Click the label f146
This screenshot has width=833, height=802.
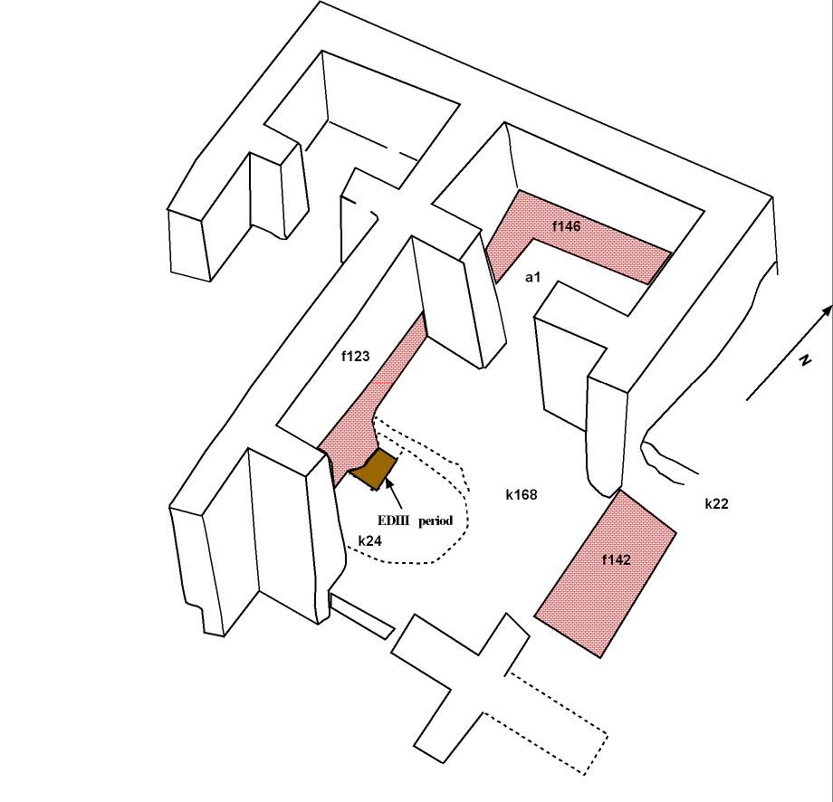(x=566, y=226)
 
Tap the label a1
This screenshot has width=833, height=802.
(x=532, y=277)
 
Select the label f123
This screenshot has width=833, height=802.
(x=355, y=357)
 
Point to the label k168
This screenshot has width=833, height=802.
(x=522, y=494)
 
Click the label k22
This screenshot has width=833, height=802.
(x=716, y=504)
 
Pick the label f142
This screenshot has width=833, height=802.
(x=616, y=560)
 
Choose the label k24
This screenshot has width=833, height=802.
(x=369, y=540)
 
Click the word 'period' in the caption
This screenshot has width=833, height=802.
(x=436, y=520)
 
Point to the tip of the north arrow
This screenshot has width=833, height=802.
(x=829, y=308)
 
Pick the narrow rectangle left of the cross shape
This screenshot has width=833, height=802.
(x=361, y=616)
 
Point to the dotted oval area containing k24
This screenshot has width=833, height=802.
(x=416, y=525)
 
